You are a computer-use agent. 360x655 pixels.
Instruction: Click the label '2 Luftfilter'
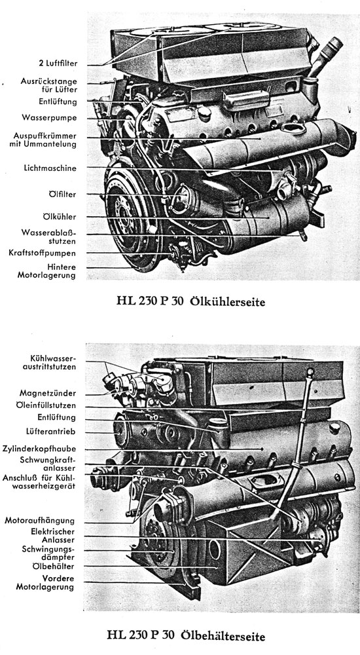pyautogui.click(x=55, y=64)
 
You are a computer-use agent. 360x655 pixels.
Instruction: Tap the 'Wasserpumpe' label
pyautogui.click(x=49, y=118)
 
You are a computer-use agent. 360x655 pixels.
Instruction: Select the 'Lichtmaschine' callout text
pyautogui.click(x=50, y=168)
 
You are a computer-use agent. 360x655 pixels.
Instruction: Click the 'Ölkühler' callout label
pyautogui.click(x=60, y=217)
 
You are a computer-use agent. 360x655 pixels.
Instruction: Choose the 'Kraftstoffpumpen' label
pyautogui.click(x=42, y=253)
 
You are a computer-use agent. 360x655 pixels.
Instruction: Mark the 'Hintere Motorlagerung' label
pyautogui.click(x=46, y=271)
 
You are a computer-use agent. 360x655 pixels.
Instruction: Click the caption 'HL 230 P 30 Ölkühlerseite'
pyautogui.click(x=191, y=301)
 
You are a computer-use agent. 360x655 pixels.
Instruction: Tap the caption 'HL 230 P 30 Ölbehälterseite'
pyautogui.click(x=186, y=636)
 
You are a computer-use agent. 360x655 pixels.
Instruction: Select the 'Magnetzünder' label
pyautogui.click(x=48, y=393)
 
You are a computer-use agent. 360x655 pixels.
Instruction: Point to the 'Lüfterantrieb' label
pyautogui.click(x=50, y=432)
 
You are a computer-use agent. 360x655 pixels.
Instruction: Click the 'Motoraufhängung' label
pyautogui.click(x=40, y=521)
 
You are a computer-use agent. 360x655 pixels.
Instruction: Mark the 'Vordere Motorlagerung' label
pyautogui.click(x=45, y=583)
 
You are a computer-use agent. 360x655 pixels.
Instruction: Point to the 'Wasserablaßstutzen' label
pyautogui.click(x=49, y=237)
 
